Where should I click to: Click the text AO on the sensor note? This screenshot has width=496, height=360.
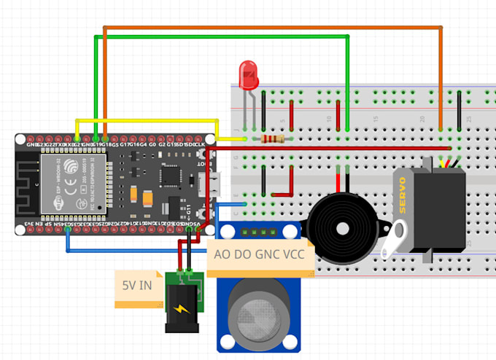pos(220,256)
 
